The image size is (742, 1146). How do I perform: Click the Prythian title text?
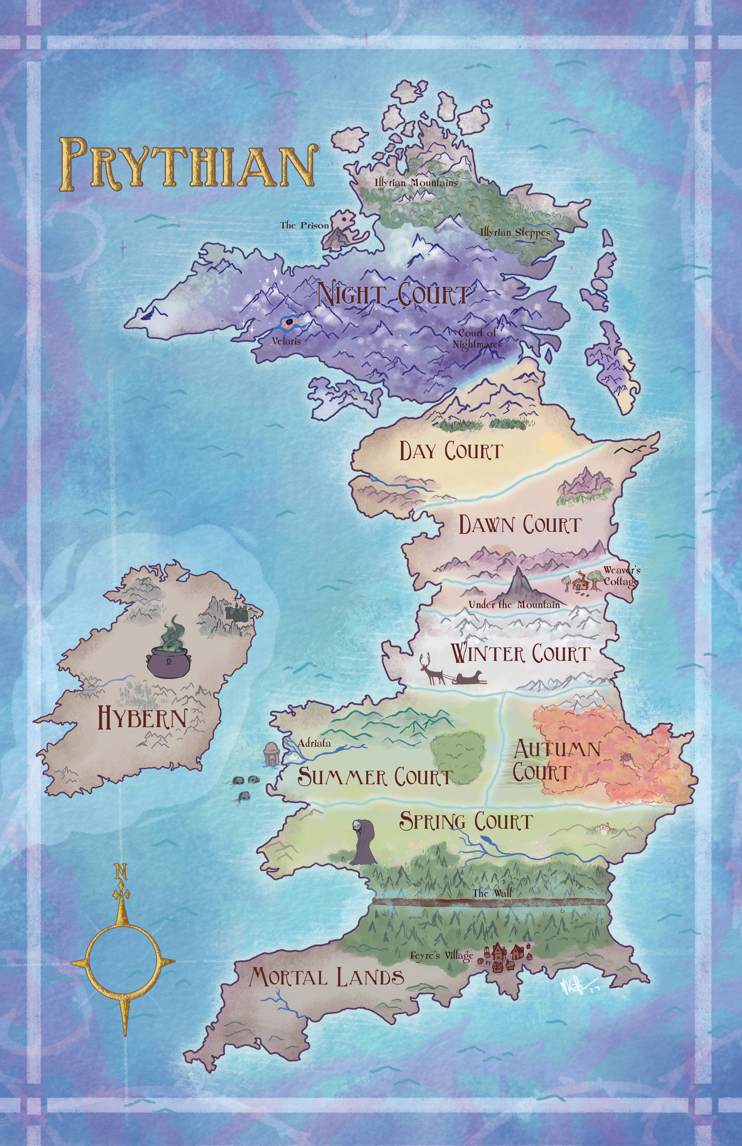click(188, 164)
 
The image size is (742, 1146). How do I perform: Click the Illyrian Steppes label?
click(515, 233)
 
